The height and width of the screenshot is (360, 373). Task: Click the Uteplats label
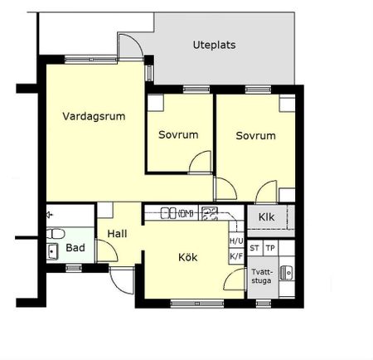(214, 45)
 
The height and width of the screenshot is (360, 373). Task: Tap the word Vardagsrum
(94, 116)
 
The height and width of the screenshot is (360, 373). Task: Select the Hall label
(117, 234)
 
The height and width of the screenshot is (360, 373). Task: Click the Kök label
(188, 257)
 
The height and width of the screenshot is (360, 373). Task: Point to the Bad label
(75, 247)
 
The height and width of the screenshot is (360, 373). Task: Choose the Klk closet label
(266, 217)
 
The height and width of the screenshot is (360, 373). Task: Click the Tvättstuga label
(261, 276)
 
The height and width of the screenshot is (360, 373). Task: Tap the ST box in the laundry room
(254, 248)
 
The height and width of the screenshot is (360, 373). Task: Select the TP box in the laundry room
(270, 248)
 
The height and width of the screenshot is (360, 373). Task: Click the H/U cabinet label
(236, 241)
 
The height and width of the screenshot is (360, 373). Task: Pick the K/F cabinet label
(236, 256)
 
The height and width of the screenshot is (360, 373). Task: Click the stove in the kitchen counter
(210, 213)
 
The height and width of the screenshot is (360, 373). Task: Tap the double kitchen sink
(168, 213)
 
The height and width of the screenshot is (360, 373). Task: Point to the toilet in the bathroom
(56, 234)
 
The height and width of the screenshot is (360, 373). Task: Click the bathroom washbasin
(52, 251)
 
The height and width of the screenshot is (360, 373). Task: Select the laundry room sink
(287, 273)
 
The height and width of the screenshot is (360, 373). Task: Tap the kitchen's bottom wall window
(197, 304)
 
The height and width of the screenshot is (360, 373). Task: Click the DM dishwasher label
(186, 213)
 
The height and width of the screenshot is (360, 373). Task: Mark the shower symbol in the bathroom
(49, 215)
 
